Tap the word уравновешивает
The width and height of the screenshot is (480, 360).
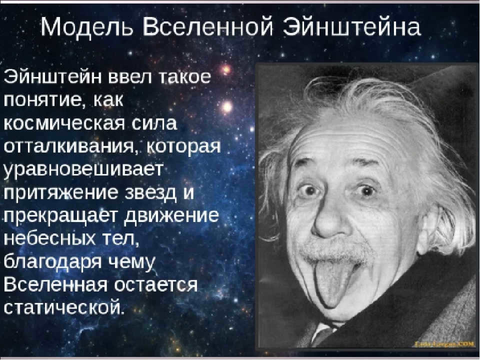pos(82,170)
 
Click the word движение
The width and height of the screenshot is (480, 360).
pos(172,216)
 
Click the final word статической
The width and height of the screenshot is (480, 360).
pos(64,307)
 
